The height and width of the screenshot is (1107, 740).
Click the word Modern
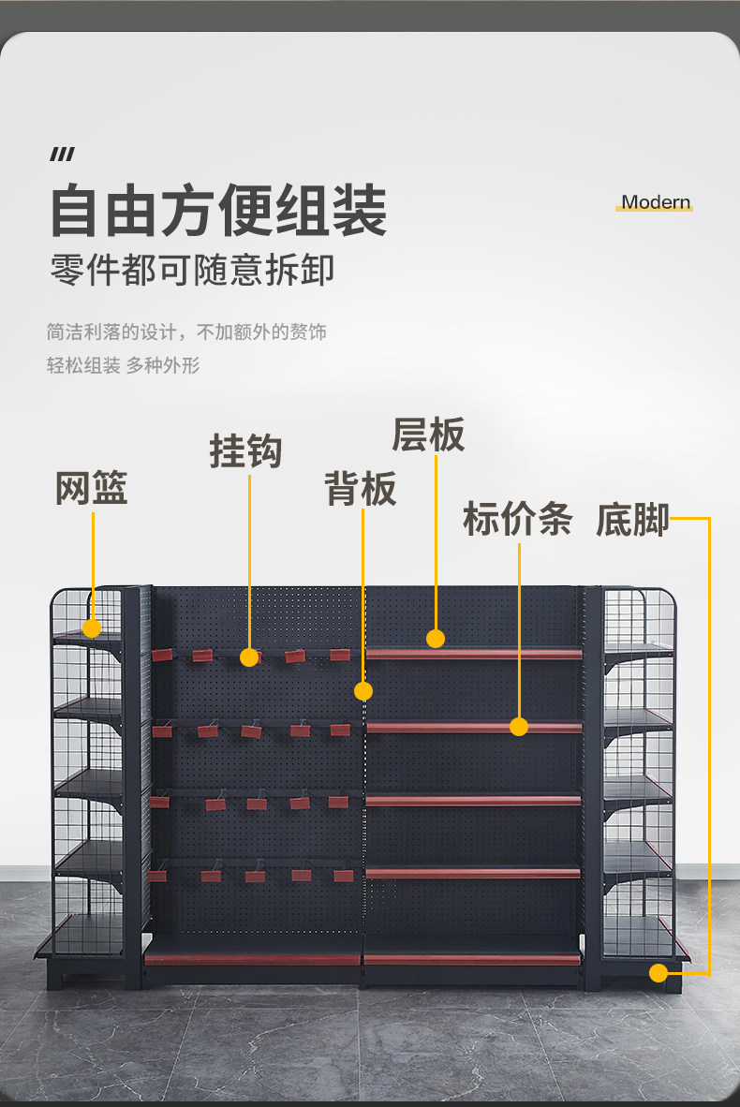pyautogui.click(x=656, y=202)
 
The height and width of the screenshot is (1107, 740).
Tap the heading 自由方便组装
pyautogui.click(x=218, y=211)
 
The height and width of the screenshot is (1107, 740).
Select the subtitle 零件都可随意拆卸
pyautogui.click(x=192, y=271)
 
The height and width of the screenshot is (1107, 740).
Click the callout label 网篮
pyautogui.click(x=91, y=488)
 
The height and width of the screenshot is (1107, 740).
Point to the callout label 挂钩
pyautogui.click(x=245, y=451)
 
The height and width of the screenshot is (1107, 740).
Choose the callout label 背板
pyautogui.click(x=361, y=489)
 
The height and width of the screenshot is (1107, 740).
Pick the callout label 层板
pyautogui.click(x=429, y=435)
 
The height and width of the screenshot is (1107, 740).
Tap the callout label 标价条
pyautogui.click(x=518, y=519)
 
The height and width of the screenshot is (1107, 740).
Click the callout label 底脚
pyautogui.click(x=632, y=521)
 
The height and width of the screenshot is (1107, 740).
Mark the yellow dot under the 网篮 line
pyautogui.click(x=92, y=627)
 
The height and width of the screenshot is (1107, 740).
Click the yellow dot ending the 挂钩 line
pyautogui.click(x=249, y=657)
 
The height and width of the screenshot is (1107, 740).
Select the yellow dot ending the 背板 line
pyautogui.click(x=363, y=690)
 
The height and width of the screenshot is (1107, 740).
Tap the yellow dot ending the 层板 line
pyautogui.click(x=436, y=639)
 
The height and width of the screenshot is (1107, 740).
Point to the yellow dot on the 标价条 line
pyautogui.click(x=519, y=727)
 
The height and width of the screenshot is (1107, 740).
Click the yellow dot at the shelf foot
pyautogui.click(x=659, y=973)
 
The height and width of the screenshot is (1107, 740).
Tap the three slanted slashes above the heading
pyautogui.click(x=62, y=155)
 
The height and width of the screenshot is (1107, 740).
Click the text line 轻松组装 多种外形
pyautogui.click(x=124, y=365)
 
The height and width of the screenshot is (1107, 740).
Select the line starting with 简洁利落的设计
pyautogui.click(x=186, y=332)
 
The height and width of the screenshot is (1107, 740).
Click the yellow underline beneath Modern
pyautogui.click(x=654, y=209)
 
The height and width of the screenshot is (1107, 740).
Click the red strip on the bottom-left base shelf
pyautogui.click(x=253, y=959)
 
